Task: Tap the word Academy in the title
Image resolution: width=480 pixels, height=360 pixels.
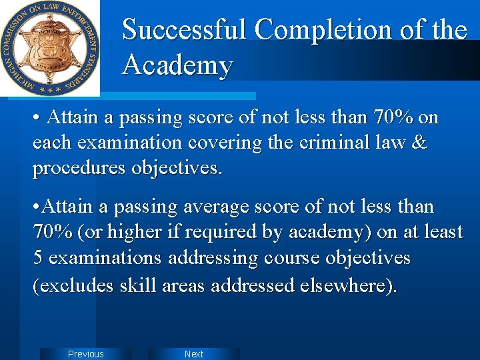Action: pyautogui.click(x=178, y=65)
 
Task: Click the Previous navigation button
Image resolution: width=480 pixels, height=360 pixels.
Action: pyautogui.click(x=86, y=354)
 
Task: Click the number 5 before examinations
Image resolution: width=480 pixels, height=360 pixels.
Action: pyautogui.click(x=38, y=258)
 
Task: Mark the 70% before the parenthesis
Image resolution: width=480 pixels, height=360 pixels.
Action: pyautogui.click(x=52, y=233)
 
